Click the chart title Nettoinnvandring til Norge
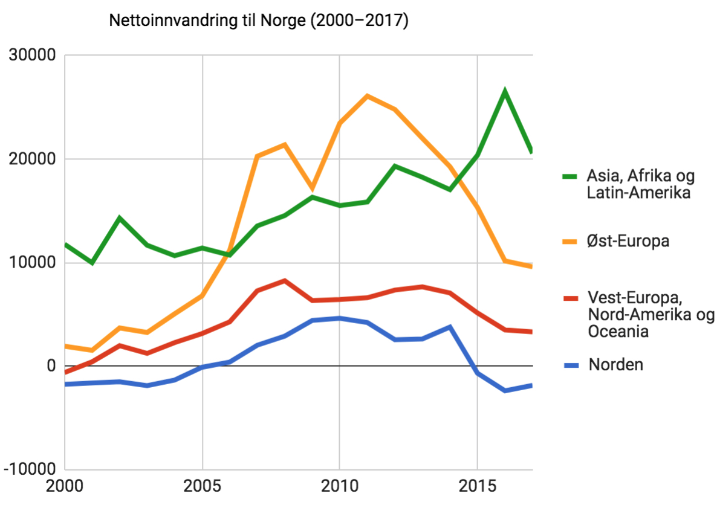pos(259,21)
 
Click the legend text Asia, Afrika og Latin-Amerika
pos(640,185)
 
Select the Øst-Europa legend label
pos(628,242)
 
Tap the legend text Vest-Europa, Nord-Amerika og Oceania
pos(650,315)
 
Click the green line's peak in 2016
pos(505,92)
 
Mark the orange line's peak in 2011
pos(368,96)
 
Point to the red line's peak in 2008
pos(285,281)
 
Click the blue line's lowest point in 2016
pos(505,391)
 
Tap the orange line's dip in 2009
pos(313,188)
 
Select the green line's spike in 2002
pos(120,218)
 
